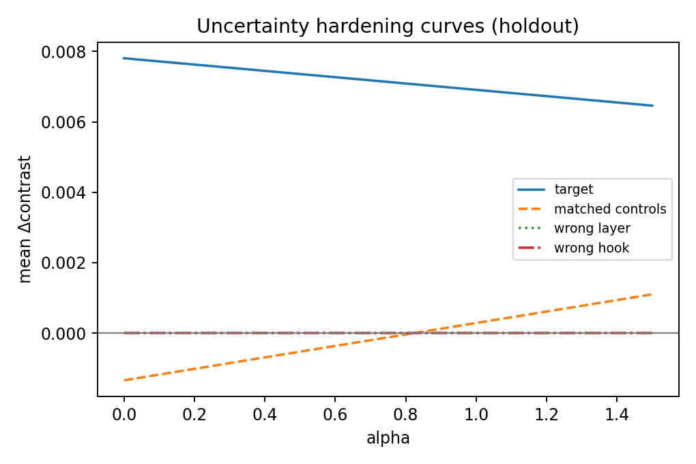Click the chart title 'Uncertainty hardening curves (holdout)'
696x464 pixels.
point(388,26)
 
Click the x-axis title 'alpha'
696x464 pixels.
point(388,439)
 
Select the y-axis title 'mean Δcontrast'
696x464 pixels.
point(25,219)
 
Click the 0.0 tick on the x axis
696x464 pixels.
point(124,414)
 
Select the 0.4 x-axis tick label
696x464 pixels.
point(265,414)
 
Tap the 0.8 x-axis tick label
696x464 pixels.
point(405,414)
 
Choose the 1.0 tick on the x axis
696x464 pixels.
point(476,414)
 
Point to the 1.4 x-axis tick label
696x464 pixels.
point(616,414)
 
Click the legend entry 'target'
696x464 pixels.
point(573,190)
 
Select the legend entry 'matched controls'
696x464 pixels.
point(609,209)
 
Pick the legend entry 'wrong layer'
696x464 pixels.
point(592,229)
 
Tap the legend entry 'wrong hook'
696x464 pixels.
point(591,248)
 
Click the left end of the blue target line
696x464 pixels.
point(124,58)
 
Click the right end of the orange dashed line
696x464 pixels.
point(652,294)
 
